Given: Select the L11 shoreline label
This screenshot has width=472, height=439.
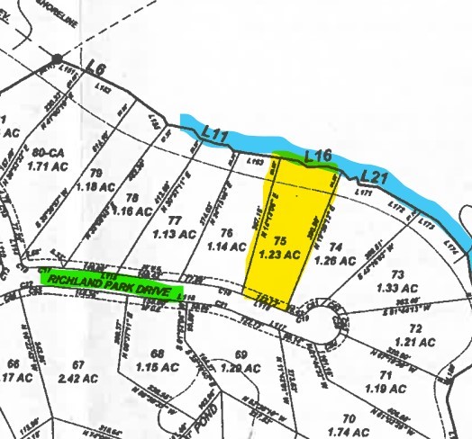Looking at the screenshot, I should click(x=216, y=135).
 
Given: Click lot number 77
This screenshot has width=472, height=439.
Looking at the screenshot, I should click(x=175, y=219).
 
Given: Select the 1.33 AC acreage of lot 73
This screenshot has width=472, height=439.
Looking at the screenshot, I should click(x=393, y=288).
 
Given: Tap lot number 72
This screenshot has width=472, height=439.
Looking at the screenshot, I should click(x=415, y=329).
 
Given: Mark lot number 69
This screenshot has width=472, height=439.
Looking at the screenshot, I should click(x=240, y=354).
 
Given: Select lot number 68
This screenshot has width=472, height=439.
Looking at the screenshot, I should click(x=159, y=354).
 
